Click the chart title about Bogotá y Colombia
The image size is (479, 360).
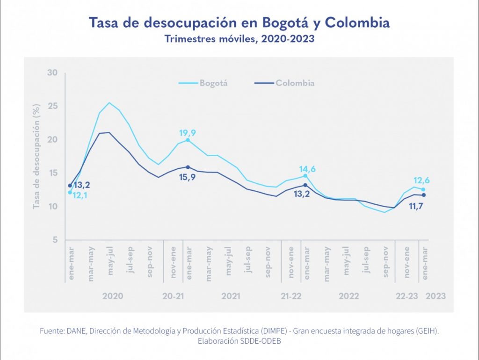click(x=239, y=23)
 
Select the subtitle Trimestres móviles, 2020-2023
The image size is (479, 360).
click(x=239, y=39)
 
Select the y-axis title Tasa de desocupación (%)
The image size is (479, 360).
click(x=36, y=157)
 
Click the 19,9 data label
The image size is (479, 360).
click(x=188, y=133)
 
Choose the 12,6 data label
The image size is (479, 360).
click(x=422, y=181)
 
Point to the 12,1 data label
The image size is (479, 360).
click(x=80, y=195)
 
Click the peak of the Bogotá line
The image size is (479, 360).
click(x=109, y=103)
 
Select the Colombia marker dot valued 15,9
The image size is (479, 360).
click(x=188, y=167)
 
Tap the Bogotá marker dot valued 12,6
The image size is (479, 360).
click(x=423, y=189)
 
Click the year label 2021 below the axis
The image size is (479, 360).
click(x=231, y=296)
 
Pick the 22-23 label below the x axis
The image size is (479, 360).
click(x=406, y=296)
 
